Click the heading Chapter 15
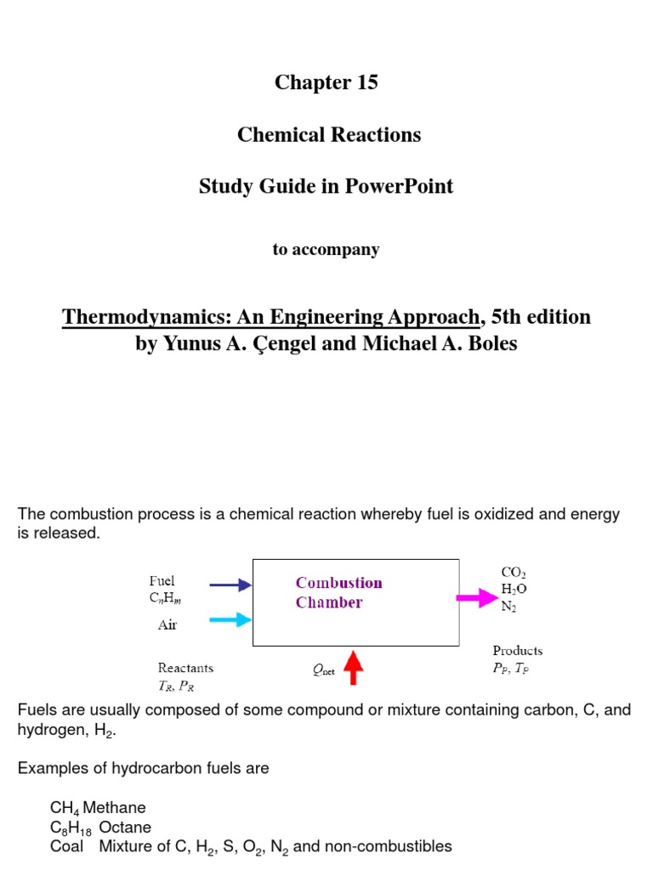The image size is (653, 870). pos(326,82)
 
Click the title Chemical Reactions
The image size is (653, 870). pos(329,134)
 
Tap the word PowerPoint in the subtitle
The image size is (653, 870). pos(399,187)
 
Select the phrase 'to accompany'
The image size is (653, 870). pos(326,250)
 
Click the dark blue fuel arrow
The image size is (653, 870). pos(230,585)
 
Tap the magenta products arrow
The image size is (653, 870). pos(477,598)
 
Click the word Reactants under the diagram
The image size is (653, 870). pos(185,668)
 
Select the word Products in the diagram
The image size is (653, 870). pos(517,651)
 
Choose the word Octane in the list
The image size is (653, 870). pos(125,828)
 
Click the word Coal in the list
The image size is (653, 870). pos(66,846)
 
